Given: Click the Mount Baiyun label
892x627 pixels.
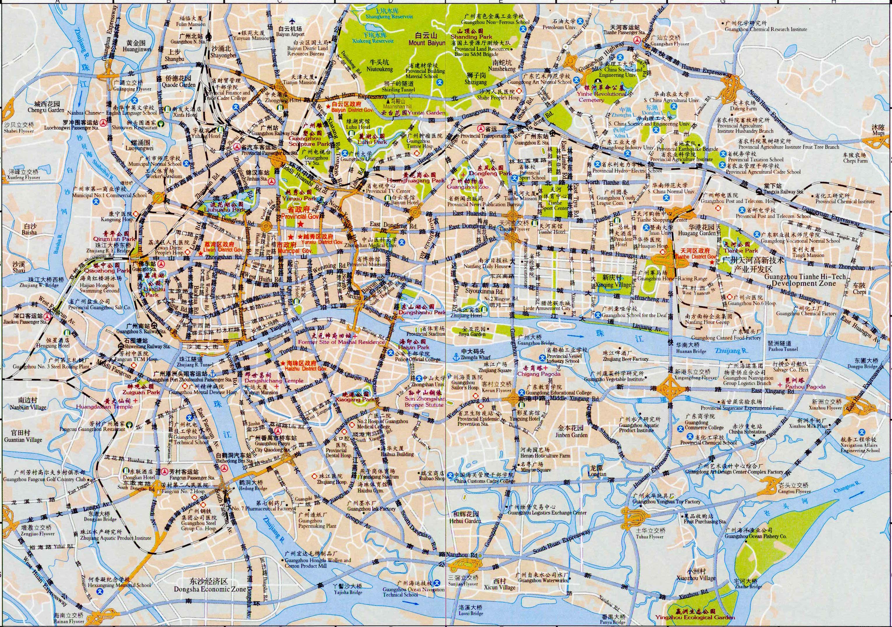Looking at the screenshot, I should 427,43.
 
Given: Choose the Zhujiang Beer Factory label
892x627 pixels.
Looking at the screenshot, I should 625,359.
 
